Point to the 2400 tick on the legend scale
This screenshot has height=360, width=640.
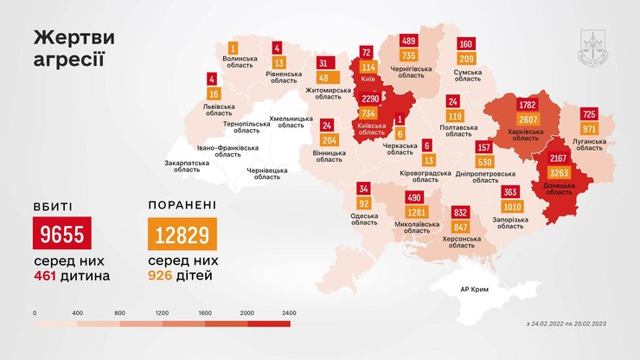[288, 312]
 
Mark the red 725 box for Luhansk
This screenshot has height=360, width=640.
[589, 113]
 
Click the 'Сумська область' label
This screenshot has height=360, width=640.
[468, 74]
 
